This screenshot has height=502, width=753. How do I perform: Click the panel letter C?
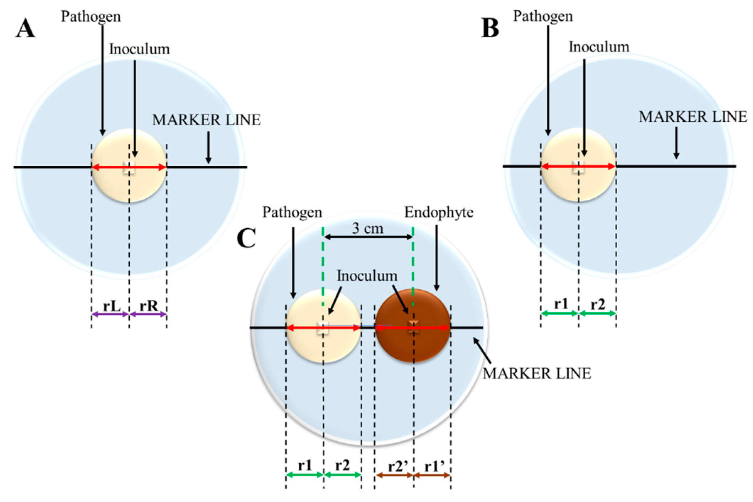[246, 238]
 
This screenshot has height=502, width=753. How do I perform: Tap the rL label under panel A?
[112, 306]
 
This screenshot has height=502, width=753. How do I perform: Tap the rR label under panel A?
[148, 306]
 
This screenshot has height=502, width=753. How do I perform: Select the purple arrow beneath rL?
[110, 314]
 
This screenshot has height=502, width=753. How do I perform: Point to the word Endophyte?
[439, 212]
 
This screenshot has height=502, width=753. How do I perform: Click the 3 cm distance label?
[368, 228]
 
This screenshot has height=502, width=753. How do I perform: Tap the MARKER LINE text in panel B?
[693, 117]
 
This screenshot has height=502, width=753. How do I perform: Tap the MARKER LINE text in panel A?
[206, 120]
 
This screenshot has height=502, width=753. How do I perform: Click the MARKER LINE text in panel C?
[537, 374]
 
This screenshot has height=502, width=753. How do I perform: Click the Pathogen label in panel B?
[543, 16]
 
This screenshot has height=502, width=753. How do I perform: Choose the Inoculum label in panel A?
[139, 49]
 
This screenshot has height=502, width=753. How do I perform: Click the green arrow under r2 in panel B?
[597, 313]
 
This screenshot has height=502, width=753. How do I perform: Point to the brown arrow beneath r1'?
[432, 475]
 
